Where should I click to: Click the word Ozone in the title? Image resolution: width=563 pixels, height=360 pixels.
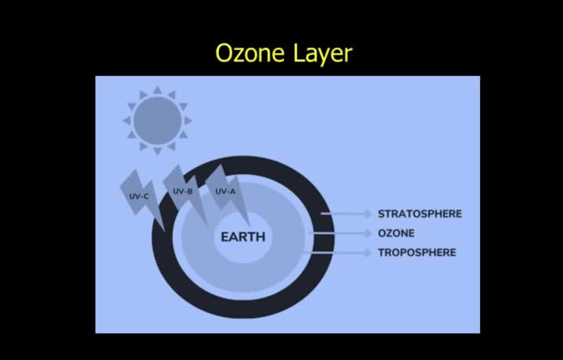(250, 52)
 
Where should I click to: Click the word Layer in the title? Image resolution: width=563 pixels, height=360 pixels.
(323, 54)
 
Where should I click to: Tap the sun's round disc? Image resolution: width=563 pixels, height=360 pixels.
(157, 121)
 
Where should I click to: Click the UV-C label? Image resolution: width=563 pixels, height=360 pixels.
(139, 196)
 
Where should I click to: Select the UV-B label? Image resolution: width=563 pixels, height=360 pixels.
(183, 192)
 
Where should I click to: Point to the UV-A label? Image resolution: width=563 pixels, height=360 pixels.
(225, 192)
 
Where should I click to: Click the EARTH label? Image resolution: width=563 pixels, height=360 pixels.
(243, 237)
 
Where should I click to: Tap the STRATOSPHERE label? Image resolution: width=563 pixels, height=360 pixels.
(420, 214)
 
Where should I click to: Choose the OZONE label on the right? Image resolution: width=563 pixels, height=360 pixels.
(396, 233)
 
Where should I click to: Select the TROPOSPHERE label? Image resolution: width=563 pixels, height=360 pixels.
(417, 253)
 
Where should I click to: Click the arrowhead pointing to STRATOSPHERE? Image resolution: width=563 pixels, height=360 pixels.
(368, 214)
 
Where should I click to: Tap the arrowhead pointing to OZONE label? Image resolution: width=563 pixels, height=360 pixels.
(368, 233)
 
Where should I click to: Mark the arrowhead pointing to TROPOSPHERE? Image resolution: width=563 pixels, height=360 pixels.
(368, 253)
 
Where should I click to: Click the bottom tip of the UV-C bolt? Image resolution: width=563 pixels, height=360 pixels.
(165, 231)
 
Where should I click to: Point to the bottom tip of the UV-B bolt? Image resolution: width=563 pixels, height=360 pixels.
(208, 225)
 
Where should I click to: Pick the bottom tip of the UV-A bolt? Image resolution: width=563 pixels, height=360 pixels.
(249, 226)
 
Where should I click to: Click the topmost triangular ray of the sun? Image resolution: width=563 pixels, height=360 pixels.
(157, 90)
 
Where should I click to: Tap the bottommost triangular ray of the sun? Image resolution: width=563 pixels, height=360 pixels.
(157, 151)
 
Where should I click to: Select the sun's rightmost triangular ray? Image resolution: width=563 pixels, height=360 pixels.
(188, 121)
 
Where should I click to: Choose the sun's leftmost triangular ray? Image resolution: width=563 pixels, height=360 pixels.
(127, 121)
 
